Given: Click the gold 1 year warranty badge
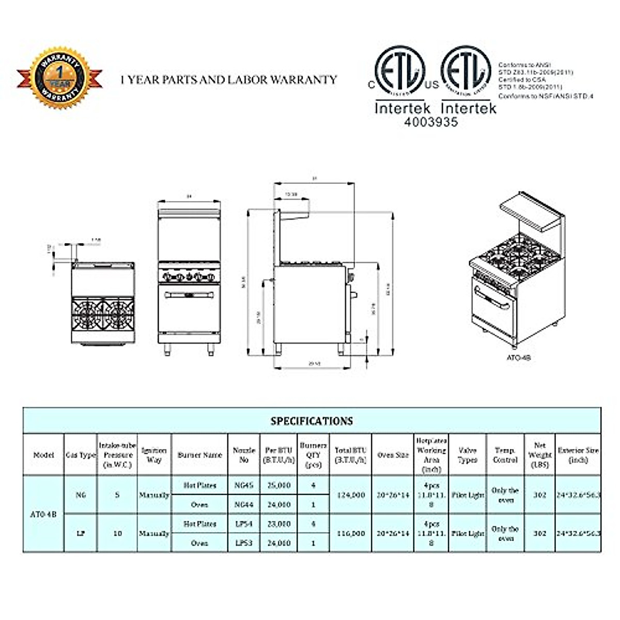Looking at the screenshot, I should (x=60, y=78).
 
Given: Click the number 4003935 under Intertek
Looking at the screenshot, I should (x=416, y=122).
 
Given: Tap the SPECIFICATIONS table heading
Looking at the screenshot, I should (x=312, y=421).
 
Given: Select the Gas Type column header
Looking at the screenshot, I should (x=81, y=455).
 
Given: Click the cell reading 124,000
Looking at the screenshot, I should (x=350, y=495).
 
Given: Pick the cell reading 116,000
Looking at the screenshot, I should (x=350, y=533).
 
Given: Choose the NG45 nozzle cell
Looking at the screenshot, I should (x=244, y=486).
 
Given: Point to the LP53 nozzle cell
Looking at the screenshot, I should (x=244, y=543).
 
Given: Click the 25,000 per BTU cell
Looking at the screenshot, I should (x=278, y=486).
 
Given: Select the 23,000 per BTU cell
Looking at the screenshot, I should (x=278, y=524).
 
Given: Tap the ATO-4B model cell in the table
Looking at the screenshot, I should (x=43, y=514).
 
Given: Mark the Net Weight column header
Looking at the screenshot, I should (x=540, y=455).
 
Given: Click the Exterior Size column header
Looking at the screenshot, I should (x=578, y=455).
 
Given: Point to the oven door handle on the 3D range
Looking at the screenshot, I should (x=491, y=299).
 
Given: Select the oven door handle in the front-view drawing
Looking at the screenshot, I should (x=189, y=295).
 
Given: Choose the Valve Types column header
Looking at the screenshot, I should (x=467, y=455).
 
